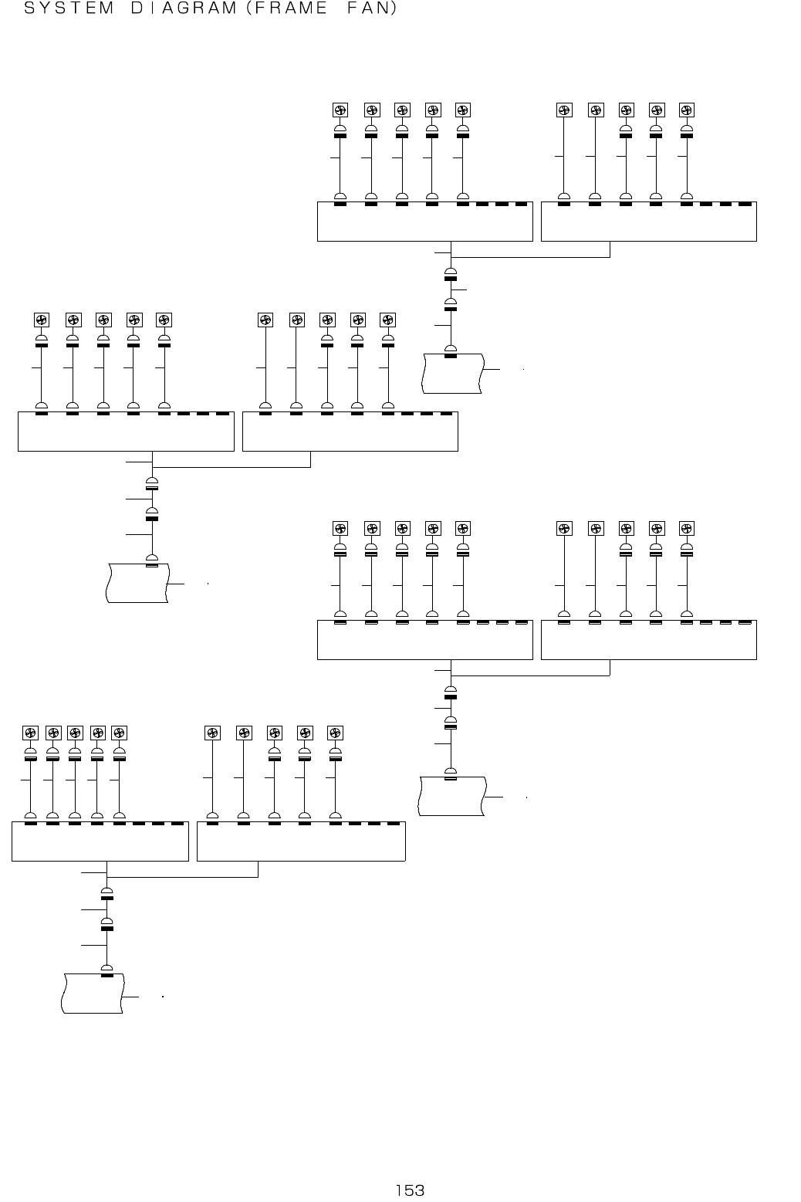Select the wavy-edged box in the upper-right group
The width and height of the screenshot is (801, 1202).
[x=453, y=373]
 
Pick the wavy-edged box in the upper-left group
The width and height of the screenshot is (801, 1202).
[x=137, y=583]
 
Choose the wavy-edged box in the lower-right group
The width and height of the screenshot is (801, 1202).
[x=452, y=796]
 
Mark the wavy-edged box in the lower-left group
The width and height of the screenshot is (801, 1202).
[x=93, y=994]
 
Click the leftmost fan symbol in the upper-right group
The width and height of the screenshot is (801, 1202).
[x=340, y=110]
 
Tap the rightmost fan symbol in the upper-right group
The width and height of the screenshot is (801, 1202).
[x=687, y=110]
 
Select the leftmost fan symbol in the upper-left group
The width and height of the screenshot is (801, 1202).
[x=42, y=320]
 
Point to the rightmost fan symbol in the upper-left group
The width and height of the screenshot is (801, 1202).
[x=388, y=320]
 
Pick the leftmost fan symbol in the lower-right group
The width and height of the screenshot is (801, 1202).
[x=340, y=529]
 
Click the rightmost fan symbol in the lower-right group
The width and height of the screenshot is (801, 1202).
[x=687, y=529]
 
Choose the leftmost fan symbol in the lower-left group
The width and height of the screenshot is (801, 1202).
[x=30, y=733]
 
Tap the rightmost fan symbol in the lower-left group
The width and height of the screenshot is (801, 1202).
[x=335, y=733]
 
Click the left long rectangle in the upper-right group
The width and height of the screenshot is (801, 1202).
[x=425, y=222]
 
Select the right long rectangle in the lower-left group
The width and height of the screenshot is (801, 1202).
[x=301, y=841]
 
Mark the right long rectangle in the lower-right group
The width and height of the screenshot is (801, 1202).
[x=649, y=640]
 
